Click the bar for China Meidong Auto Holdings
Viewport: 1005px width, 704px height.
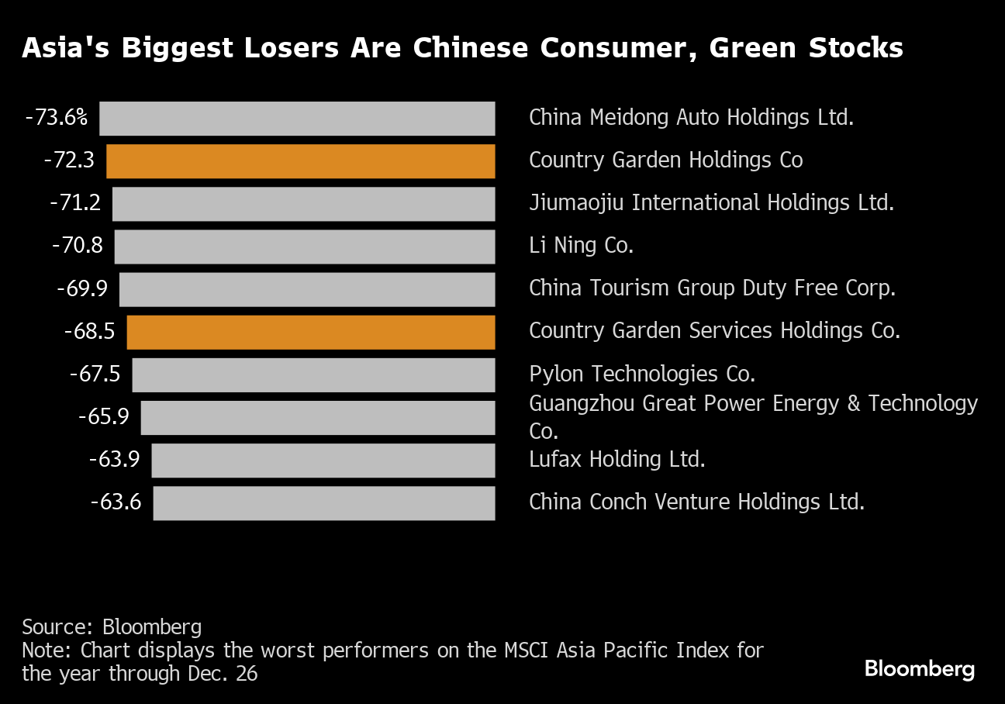pos(297,119)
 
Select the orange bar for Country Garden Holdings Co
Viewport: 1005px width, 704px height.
pos(301,161)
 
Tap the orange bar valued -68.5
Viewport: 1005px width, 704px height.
pos(311,332)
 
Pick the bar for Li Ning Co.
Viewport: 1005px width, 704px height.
pos(305,247)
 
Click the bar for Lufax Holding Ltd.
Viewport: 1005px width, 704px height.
pos(323,461)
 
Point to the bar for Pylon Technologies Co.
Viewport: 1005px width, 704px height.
pos(313,374)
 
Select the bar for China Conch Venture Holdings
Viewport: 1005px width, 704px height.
pos(324,503)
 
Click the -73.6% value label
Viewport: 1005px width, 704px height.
pos(57,118)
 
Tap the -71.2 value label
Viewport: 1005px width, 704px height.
pos(75,203)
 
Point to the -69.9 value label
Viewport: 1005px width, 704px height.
pos(82,288)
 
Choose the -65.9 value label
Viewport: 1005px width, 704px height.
pos(104,416)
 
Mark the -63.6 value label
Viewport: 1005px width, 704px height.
pos(116,502)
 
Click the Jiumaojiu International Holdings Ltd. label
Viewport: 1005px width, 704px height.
pos(712,203)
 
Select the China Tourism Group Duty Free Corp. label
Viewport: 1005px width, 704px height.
pos(712,288)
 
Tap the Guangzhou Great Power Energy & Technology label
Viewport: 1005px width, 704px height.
pos(753,403)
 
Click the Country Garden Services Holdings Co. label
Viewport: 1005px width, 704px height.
pos(715,331)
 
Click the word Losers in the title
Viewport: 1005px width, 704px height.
pos(291,47)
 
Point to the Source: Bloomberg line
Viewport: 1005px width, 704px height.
pos(112,626)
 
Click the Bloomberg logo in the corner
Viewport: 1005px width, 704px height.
pos(920,669)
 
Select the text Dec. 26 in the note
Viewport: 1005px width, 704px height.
pos(223,674)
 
